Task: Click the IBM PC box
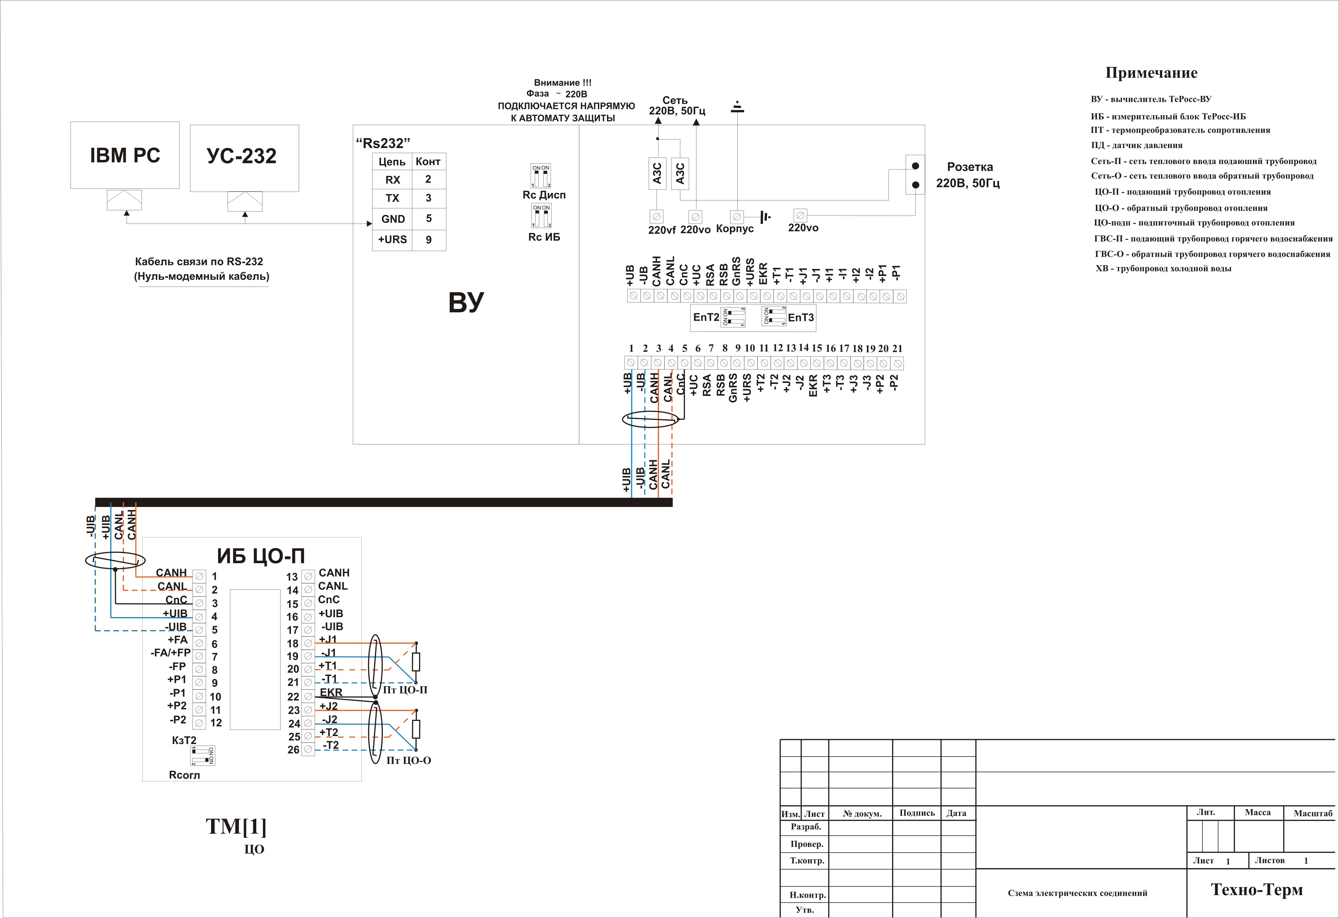point(125,155)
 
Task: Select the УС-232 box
point(244,158)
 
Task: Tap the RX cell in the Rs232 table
point(392,180)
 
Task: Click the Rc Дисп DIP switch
point(541,176)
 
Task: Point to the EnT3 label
point(801,317)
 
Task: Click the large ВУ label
point(466,302)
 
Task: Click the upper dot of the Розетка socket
point(915,166)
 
